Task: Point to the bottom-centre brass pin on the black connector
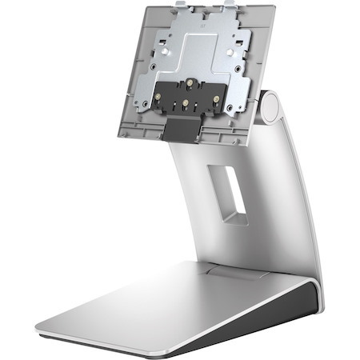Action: coord(187,103)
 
